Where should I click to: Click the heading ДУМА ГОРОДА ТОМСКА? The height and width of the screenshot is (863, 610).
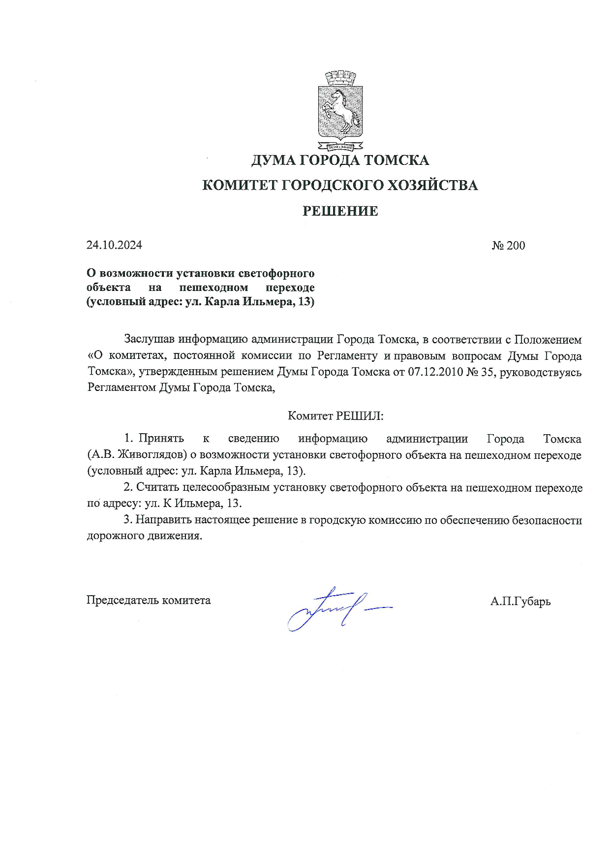pos(340,160)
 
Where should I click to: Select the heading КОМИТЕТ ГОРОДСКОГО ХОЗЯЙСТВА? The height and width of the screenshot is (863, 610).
pos(340,186)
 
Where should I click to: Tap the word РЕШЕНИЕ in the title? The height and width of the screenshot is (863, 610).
pos(340,211)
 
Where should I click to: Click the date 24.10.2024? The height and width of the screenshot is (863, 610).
pos(114,245)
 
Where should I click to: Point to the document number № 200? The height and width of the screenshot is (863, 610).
pos(508,245)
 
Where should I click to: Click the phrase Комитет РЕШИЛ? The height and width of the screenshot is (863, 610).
pos(335,416)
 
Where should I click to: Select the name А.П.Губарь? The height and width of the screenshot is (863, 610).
pos(520,601)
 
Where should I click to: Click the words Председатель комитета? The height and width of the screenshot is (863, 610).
pos(149,600)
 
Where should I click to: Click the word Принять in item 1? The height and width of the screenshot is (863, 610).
pos(161,439)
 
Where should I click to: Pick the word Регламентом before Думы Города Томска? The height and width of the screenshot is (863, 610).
pos(122,387)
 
